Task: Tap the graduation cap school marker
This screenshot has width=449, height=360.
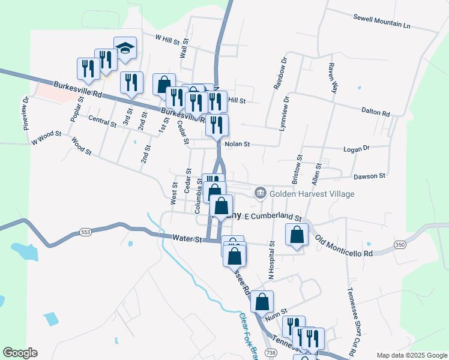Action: pos(125,49)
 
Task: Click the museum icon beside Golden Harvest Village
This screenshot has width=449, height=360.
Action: pos(260,193)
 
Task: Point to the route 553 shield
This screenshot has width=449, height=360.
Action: pos(85,232)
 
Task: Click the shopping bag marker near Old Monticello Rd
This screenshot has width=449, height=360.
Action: pos(297,235)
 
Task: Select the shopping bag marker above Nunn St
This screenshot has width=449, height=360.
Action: pos(262,302)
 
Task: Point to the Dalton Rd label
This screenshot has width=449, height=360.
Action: pos(376,111)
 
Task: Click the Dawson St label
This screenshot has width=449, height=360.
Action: pos(369,176)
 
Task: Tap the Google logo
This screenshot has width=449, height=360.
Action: pos(20,353)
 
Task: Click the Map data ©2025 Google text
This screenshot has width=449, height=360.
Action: pos(411,355)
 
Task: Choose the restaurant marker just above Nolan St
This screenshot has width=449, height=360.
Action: pos(217,125)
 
